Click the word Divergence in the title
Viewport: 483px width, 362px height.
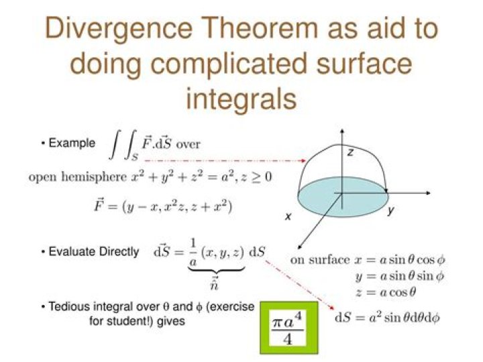pos(119,28)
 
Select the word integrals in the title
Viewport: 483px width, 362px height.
pos(241,99)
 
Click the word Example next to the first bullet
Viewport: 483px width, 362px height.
pos(72,143)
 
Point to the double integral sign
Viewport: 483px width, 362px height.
pos(123,147)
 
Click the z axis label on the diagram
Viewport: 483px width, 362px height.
pos(351,152)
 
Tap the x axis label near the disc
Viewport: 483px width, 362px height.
pos(288,216)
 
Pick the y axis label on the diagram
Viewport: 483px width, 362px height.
pos(391,211)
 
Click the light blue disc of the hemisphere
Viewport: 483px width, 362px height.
pos(343,197)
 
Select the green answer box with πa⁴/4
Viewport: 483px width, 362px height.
pos(289,328)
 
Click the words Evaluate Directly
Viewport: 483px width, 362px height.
pos(94,252)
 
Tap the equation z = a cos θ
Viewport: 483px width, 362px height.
pos(386,292)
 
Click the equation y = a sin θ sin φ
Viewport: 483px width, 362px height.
pos(400,275)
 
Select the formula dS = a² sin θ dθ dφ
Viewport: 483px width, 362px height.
pos(387,317)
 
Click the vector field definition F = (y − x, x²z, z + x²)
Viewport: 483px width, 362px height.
pos(163,206)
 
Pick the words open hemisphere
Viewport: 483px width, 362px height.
pos(78,177)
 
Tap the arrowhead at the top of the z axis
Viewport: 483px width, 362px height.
pos(342,132)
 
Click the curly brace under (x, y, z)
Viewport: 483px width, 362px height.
pos(217,270)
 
